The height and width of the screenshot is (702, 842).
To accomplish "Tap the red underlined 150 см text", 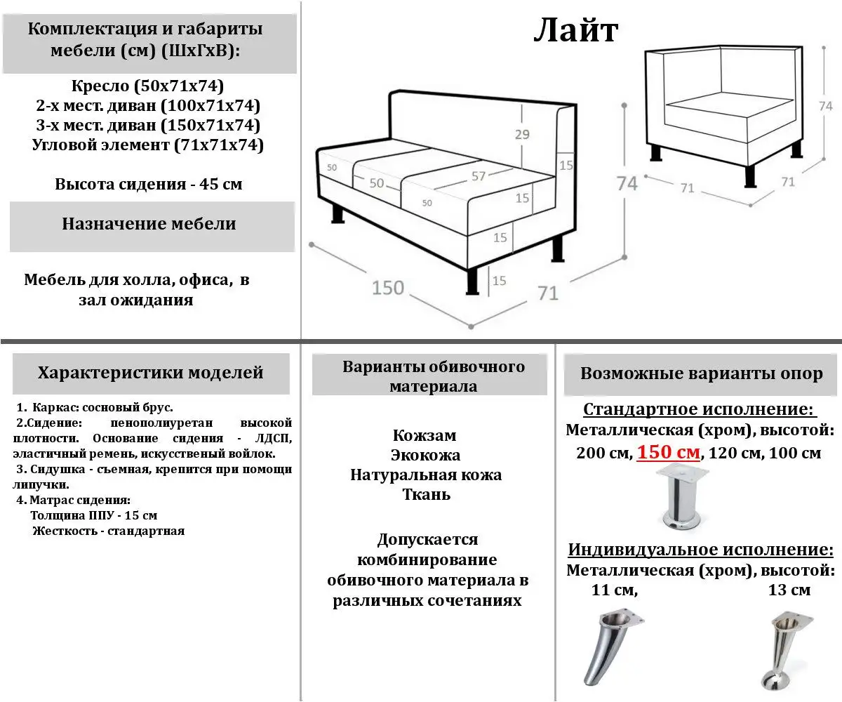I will tap(668, 453).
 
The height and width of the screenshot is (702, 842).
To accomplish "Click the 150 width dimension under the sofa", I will tap(388, 287).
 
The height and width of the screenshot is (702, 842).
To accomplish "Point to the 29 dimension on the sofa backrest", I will tap(522, 135).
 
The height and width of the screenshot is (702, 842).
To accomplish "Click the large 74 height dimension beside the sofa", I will tap(627, 183).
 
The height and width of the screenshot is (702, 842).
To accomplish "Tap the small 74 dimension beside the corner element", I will tap(825, 106).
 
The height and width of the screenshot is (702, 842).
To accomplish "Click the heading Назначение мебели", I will tap(149, 224).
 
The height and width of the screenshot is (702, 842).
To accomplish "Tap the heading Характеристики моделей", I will tap(150, 372).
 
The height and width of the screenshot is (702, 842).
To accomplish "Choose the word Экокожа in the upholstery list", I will tap(425, 455).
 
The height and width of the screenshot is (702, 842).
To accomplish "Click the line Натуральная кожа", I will tap(426, 475).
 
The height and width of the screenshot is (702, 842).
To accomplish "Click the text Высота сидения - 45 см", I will tap(149, 185).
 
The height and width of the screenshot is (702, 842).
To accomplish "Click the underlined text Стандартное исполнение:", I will tap(700, 410).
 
